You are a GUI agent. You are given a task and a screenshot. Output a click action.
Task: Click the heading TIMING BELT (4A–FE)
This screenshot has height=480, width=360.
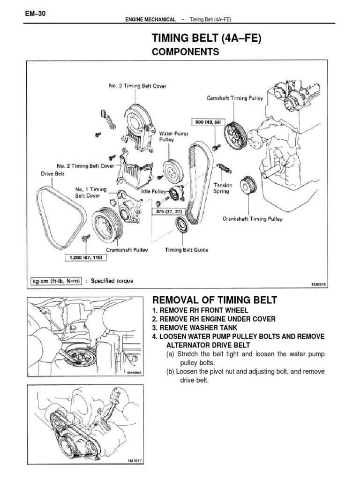[x=206, y=38]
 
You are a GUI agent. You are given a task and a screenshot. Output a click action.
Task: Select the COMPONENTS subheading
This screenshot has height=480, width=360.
[x=186, y=52]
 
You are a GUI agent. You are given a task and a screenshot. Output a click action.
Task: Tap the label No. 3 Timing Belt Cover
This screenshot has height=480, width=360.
[x=137, y=86]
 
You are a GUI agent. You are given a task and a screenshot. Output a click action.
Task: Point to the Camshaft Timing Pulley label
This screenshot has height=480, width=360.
[x=235, y=98]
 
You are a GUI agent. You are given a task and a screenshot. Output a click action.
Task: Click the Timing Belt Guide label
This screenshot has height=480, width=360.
[x=187, y=250]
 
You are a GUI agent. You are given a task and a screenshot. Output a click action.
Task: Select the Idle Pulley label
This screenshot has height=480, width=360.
[x=153, y=192]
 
